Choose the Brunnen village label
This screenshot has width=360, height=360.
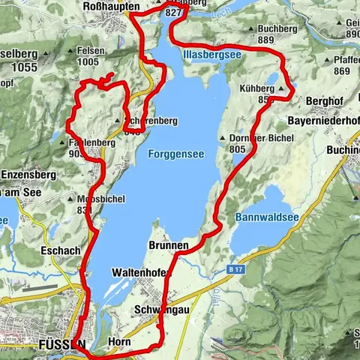click(x=168, y=245)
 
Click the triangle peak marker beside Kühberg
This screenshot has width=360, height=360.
click(x=280, y=88)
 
